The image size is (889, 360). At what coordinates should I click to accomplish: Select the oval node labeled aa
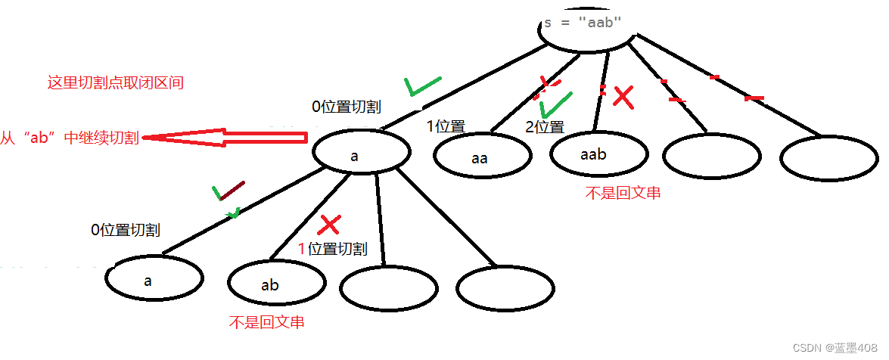(x=479, y=158)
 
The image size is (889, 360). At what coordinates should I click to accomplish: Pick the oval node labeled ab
(x=270, y=285)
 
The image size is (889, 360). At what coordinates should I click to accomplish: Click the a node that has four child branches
(x=354, y=156)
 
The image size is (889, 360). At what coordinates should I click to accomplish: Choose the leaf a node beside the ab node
(x=148, y=280)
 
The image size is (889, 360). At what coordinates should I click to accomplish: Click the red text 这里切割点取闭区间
(x=115, y=83)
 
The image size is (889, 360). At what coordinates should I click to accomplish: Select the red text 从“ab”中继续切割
(x=70, y=139)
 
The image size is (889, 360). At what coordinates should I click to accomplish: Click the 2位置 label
(x=545, y=126)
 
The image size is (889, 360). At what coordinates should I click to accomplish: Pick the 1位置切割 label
(x=333, y=248)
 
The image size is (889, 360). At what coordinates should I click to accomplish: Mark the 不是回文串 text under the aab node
(x=623, y=193)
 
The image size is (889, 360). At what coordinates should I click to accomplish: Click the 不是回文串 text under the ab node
(x=266, y=322)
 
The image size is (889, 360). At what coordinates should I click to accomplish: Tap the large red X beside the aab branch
(x=623, y=96)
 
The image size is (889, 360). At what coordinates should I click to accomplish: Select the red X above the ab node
(x=329, y=225)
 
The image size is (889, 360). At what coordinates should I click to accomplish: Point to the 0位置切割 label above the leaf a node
(x=125, y=229)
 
